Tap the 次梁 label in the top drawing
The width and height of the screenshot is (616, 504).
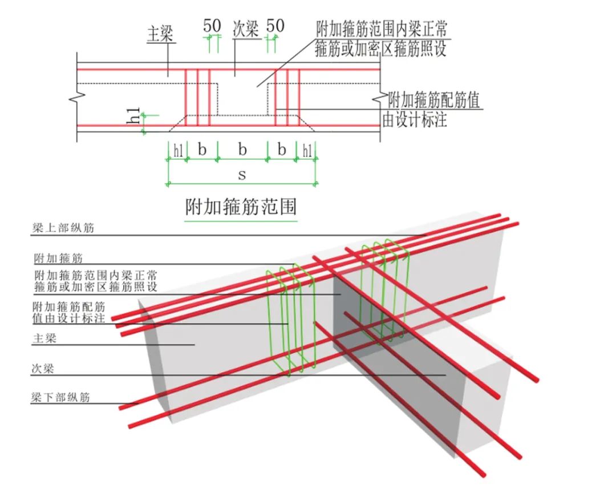(x=246, y=30)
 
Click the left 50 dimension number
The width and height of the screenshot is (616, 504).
(x=212, y=26)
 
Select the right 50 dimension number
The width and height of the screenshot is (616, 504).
(x=275, y=26)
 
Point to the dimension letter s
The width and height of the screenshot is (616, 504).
(x=242, y=174)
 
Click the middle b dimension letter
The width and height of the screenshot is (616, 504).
(x=242, y=150)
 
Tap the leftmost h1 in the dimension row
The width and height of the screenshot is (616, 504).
(x=179, y=150)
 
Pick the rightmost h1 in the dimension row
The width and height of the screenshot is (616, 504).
(x=307, y=150)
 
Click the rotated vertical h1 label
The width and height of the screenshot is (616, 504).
(x=133, y=115)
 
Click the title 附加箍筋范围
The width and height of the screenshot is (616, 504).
(x=241, y=207)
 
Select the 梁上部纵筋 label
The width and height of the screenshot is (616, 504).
(x=63, y=228)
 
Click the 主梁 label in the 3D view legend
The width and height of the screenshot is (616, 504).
(x=44, y=338)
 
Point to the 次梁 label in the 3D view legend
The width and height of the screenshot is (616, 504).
(x=43, y=369)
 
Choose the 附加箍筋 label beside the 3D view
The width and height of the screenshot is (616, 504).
(x=59, y=259)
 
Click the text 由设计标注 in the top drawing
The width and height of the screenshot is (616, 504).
(x=415, y=119)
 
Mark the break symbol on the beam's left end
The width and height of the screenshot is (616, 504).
(x=78, y=96)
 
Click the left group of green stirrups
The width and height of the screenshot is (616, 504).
(x=291, y=318)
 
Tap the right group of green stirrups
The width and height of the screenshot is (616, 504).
(x=386, y=291)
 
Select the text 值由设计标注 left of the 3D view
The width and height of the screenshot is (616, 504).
(x=69, y=318)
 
